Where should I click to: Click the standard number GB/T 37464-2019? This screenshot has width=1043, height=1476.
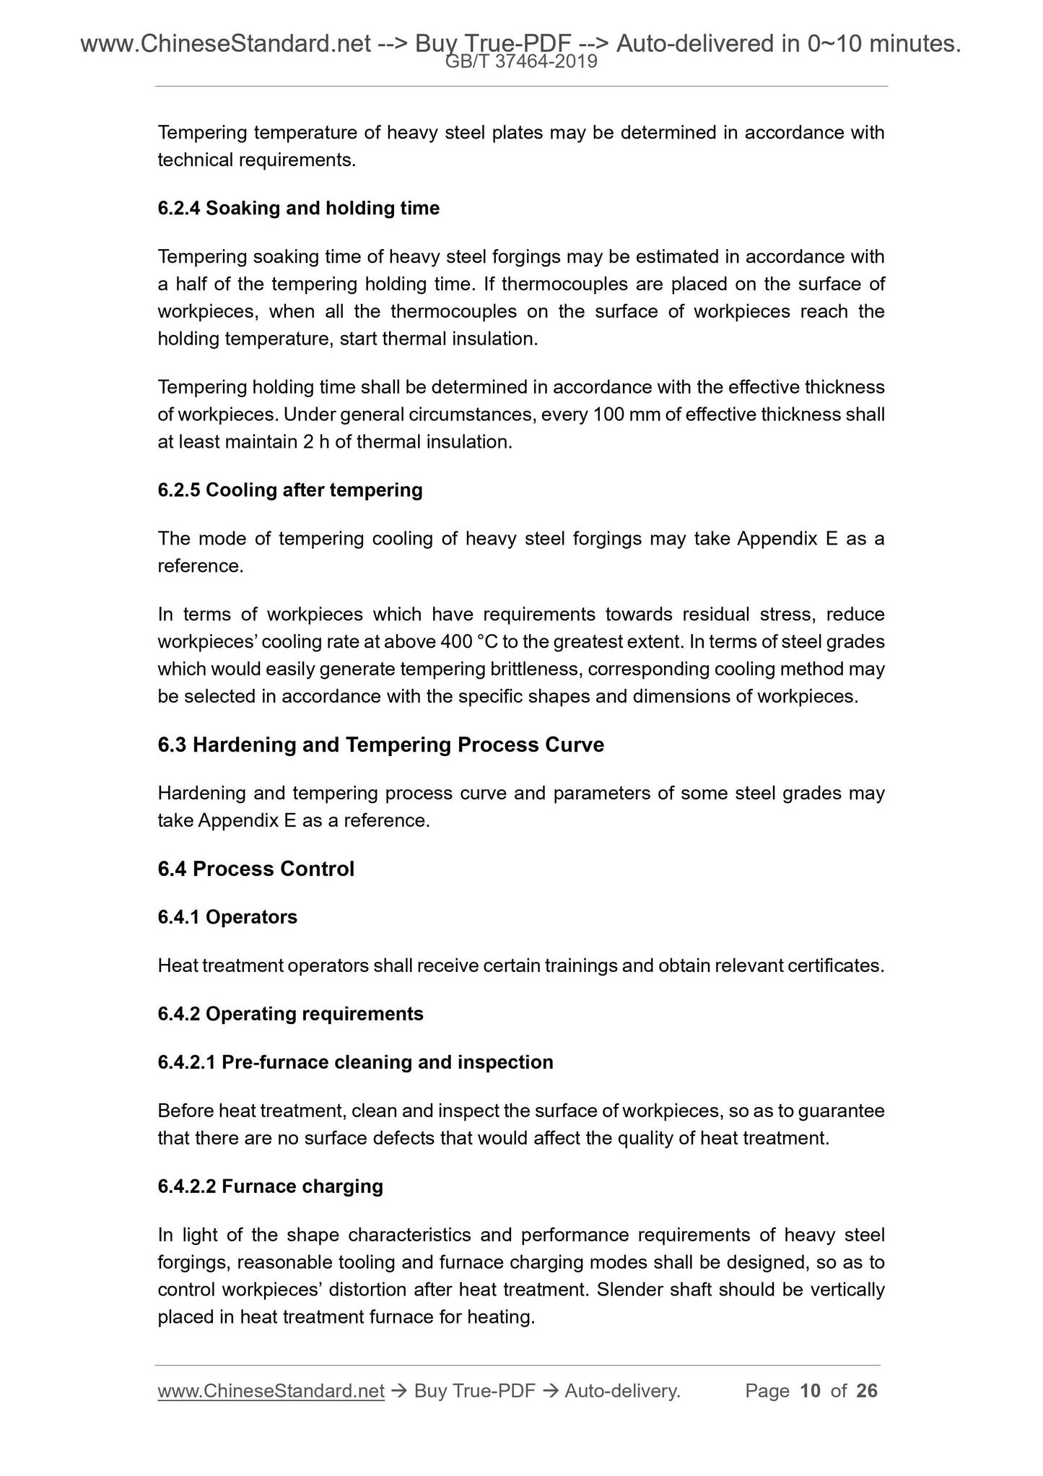(521, 62)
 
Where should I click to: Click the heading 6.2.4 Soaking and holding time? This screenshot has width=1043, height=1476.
(298, 209)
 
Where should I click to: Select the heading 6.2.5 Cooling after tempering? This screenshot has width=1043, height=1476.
(289, 490)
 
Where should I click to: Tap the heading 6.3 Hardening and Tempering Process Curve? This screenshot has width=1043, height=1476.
(380, 744)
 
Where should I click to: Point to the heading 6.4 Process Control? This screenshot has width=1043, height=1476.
(256, 869)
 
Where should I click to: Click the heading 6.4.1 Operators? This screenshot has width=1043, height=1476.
(227, 917)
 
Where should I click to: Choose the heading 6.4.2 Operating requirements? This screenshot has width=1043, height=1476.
(290, 1014)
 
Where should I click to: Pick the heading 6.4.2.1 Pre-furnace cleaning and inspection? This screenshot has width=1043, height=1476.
(355, 1062)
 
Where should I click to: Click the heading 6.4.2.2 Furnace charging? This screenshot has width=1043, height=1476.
(270, 1186)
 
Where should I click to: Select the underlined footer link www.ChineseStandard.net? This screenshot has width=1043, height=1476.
(271, 1391)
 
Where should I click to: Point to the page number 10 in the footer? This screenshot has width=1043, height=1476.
(811, 1391)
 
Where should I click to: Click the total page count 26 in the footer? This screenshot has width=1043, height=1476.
(867, 1391)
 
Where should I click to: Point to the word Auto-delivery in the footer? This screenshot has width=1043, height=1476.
(622, 1391)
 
